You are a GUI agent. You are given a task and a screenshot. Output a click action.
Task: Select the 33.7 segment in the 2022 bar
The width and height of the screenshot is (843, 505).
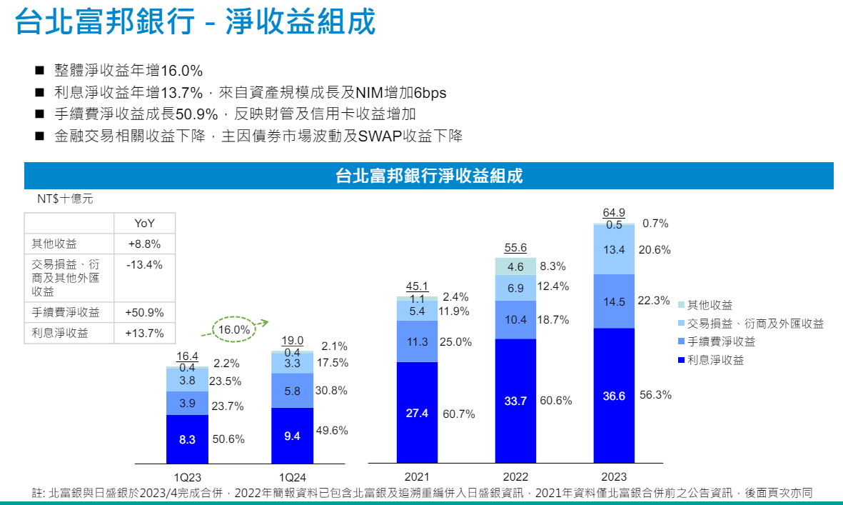pos(515,401)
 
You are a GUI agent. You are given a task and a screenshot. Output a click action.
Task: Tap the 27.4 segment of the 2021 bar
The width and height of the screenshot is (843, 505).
pos(417,413)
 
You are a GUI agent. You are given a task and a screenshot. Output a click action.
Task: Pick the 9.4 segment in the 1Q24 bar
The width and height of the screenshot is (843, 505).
pos(292,436)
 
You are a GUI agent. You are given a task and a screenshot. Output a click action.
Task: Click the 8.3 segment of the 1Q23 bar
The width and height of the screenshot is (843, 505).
pos(187,440)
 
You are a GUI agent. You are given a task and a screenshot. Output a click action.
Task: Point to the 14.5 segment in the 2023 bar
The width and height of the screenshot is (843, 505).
pos(614,301)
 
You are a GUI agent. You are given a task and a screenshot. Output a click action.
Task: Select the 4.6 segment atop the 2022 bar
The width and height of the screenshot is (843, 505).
pos(515,266)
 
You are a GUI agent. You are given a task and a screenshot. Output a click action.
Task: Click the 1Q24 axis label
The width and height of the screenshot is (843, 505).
pos(292,476)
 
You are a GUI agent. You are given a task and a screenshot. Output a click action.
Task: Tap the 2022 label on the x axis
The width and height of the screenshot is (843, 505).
pos(515,476)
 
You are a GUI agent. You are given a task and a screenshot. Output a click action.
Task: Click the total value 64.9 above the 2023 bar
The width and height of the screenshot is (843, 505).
pos(614,212)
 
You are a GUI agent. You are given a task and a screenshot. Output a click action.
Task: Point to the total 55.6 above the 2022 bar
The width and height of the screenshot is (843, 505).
pos(515,248)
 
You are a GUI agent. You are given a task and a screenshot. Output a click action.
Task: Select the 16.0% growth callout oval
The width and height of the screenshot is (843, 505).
pos(235,330)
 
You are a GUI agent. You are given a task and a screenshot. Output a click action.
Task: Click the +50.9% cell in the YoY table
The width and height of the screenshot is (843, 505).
pos(146,312)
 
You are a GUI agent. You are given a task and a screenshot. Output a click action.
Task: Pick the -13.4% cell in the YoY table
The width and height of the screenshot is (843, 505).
pos(146,265)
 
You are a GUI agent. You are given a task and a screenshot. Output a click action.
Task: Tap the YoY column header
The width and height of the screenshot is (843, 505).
pos(146,224)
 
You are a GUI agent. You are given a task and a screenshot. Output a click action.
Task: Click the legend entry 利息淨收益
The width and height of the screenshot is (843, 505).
pos(715,360)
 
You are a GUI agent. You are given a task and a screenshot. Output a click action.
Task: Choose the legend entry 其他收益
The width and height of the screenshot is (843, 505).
pos(709,306)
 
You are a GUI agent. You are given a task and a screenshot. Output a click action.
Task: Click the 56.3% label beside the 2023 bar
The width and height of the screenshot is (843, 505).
pos(655,395)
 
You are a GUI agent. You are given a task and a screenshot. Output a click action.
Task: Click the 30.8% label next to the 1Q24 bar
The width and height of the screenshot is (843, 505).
pos(331,391)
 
